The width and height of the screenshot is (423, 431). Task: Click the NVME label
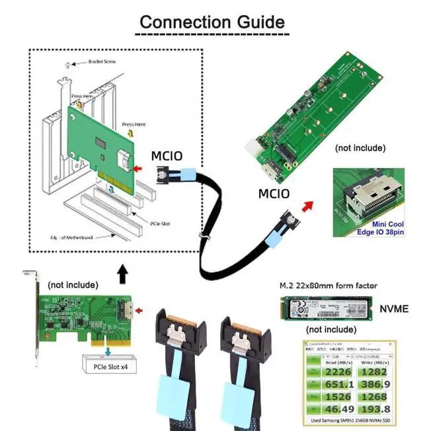tap(394, 308)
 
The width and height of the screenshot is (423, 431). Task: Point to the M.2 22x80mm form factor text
tap(326, 286)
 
